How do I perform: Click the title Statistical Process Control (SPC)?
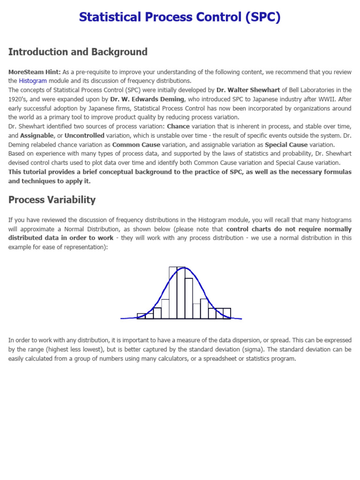180,17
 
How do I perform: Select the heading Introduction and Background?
78,52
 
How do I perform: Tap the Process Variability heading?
52,200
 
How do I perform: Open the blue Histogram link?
33,81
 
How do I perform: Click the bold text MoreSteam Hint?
34,72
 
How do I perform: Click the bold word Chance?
178,126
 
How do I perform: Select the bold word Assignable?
37,135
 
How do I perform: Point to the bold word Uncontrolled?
84,135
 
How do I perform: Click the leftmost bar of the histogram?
141,316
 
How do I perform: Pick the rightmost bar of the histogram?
226,313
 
